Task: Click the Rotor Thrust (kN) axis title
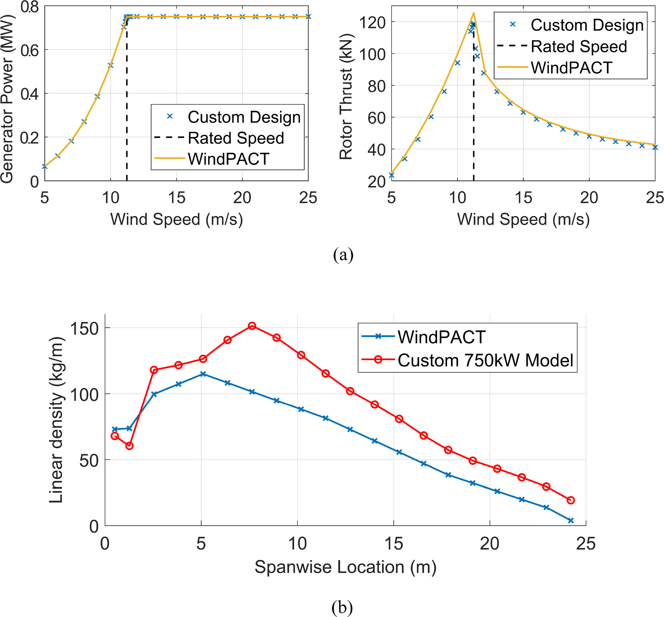pyautogui.click(x=346, y=97)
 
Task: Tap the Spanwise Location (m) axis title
pyautogui.click(x=345, y=567)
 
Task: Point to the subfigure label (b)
pyautogui.click(x=342, y=607)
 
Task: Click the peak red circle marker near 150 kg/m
pyautogui.click(x=252, y=326)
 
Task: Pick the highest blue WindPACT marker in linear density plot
pyautogui.click(x=203, y=374)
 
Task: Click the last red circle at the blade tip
pyautogui.click(x=571, y=500)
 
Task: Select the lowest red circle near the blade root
pyautogui.click(x=129, y=446)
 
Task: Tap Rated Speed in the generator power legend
pyautogui.click(x=236, y=138)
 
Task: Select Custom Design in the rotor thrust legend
pyautogui.click(x=587, y=25)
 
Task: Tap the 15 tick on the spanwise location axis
pyautogui.click(x=394, y=543)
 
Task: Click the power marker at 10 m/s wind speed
pyautogui.click(x=111, y=66)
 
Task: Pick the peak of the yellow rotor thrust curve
pyautogui.click(x=474, y=13)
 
